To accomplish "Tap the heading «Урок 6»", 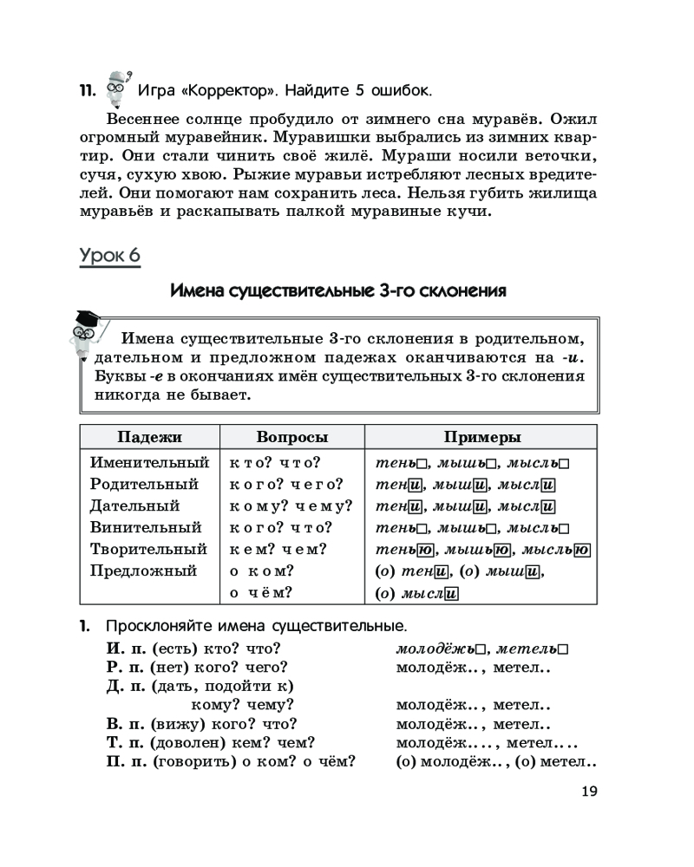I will pyautogui.click(x=109, y=256).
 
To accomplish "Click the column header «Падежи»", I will pyautogui.click(x=149, y=437).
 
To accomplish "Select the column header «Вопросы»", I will pyautogui.click(x=292, y=437).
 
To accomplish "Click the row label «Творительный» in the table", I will pyautogui.click(x=148, y=549).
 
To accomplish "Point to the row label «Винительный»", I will pyautogui.click(x=146, y=527).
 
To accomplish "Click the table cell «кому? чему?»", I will pyautogui.click(x=291, y=505).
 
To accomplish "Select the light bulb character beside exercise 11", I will pyautogui.click(x=116, y=85).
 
